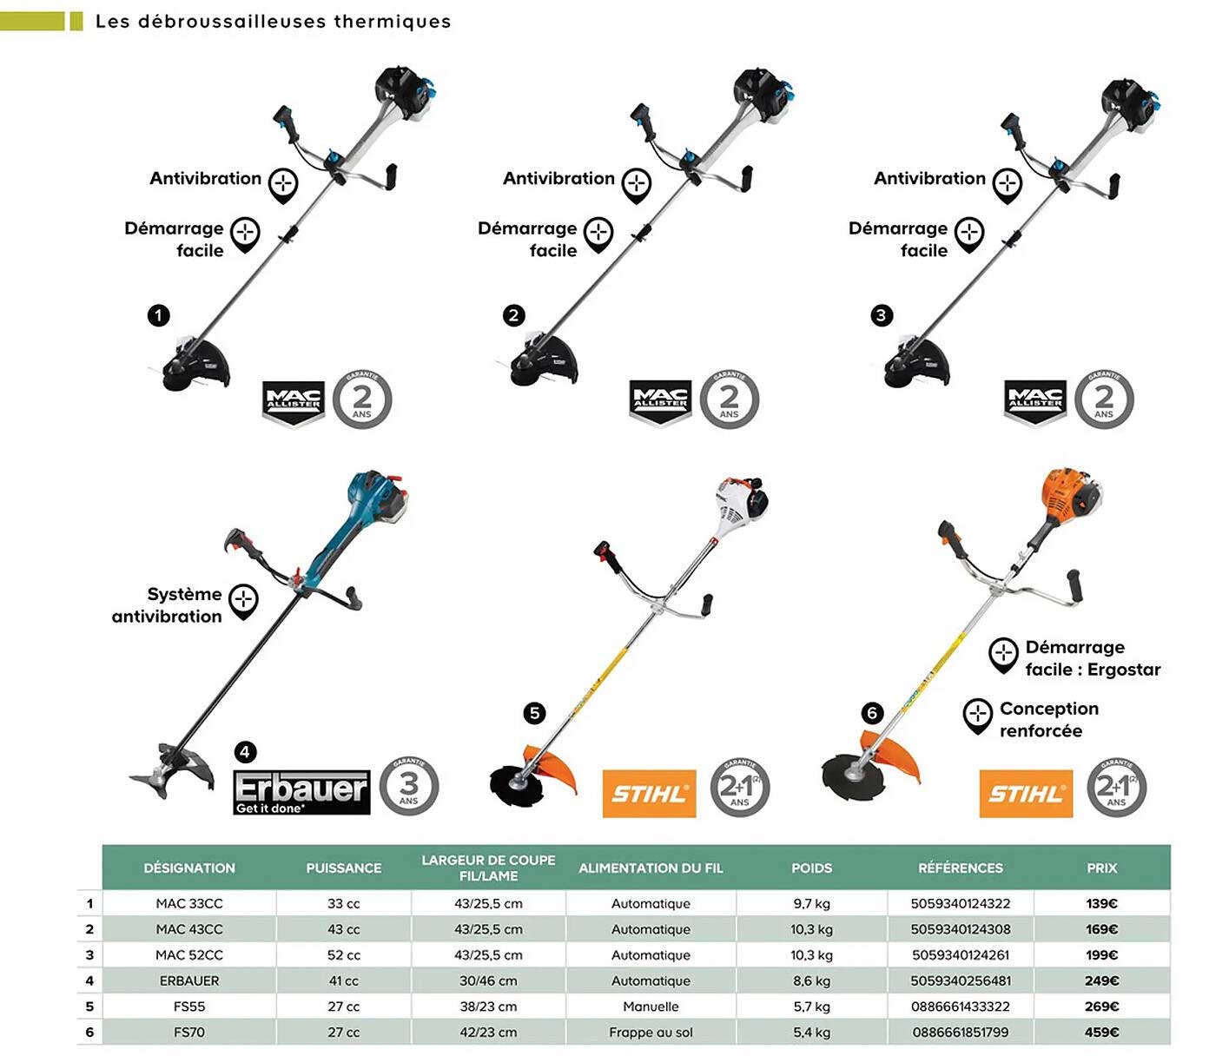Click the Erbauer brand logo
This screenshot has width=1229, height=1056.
[x=301, y=791]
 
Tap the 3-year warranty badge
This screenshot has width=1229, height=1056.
[x=408, y=787]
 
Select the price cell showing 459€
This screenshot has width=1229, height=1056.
[x=1101, y=1032]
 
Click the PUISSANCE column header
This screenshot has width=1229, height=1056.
[x=343, y=868]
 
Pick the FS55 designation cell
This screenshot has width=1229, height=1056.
[x=189, y=1006]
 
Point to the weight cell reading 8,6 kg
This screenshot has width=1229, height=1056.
[x=811, y=980]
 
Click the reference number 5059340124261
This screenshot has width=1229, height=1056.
[x=960, y=954]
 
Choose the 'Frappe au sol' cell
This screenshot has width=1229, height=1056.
[x=651, y=1032]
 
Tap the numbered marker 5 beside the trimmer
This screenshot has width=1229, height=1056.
[x=534, y=713]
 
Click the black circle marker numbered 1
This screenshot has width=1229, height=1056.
[x=158, y=315]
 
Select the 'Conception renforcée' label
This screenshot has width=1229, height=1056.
[x=1048, y=719]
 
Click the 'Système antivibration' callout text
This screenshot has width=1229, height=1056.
[x=168, y=604]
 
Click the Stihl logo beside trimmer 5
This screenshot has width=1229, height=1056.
[x=649, y=793]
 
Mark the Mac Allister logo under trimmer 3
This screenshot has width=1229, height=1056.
[x=1034, y=402]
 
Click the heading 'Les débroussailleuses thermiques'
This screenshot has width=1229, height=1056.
[x=273, y=21]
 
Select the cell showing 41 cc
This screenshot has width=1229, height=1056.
[x=343, y=980]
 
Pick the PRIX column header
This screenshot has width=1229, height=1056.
[x=1101, y=868]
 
